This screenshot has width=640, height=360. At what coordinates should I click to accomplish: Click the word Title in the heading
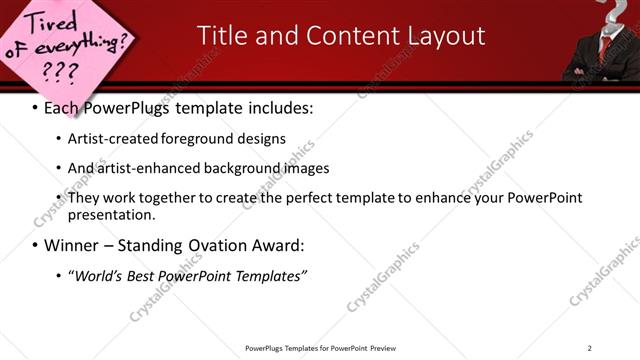[221, 36]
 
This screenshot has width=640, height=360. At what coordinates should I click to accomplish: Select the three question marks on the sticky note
[58, 72]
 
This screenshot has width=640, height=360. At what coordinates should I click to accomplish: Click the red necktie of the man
[605, 50]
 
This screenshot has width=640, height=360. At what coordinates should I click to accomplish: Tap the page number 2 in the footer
[589, 348]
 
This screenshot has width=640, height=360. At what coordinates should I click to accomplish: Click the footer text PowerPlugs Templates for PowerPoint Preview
[319, 348]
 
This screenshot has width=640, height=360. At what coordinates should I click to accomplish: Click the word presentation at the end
[110, 214]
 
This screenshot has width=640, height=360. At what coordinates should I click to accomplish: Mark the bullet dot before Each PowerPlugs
[35, 107]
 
